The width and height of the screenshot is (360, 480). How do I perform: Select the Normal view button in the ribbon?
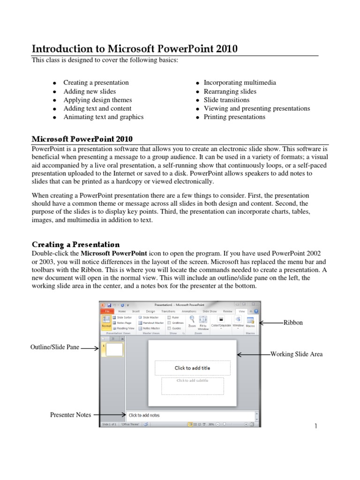[x=106, y=322]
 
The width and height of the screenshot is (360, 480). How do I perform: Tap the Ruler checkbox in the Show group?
[x=169, y=317]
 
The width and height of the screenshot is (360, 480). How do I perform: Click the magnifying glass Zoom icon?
[x=192, y=320]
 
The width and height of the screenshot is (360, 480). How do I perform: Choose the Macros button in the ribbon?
[x=250, y=322]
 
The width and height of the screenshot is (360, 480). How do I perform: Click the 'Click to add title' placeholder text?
[x=192, y=368]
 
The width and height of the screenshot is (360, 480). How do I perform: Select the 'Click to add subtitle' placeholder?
[x=192, y=381]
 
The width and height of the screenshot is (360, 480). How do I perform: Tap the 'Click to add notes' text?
[x=144, y=415]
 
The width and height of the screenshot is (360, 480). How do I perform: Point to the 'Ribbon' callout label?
[x=293, y=322]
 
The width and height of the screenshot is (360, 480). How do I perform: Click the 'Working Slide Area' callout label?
[x=296, y=354]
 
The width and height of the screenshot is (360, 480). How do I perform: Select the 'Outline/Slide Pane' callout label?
[x=55, y=347]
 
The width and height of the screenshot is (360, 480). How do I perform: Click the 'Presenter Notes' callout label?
[x=71, y=414]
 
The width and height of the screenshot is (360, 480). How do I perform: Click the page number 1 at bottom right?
[x=316, y=426]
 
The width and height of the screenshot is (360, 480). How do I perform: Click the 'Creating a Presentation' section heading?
[x=75, y=244]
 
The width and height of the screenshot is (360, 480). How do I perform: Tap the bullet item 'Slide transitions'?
[x=226, y=100]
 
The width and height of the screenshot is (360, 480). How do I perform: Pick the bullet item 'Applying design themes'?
[x=97, y=100]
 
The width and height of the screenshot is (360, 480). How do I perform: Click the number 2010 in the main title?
[x=225, y=49]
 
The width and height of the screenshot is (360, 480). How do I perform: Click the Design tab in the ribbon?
[x=150, y=311]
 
